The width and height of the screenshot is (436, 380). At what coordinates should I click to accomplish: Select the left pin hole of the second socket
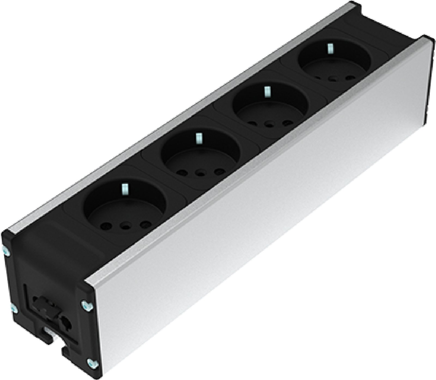(180, 172)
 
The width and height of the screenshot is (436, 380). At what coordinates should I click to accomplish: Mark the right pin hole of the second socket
(218, 172)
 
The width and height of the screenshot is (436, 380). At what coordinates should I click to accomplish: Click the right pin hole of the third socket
(286, 122)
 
